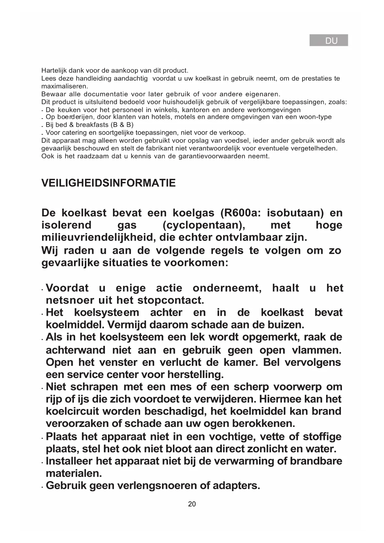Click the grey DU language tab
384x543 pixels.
coord(329,40)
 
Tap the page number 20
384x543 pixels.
coord(192,504)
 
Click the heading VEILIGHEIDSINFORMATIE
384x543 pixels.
coord(108,183)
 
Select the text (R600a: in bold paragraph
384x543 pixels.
coord(240,213)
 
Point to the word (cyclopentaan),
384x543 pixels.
coord(204,225)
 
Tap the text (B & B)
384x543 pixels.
coord(122,125)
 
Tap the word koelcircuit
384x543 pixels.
coord(72,411)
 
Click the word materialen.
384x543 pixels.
coord(74,473)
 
